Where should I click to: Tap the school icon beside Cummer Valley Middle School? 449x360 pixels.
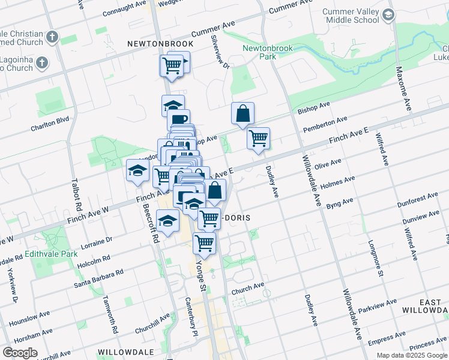[x=388, y=14]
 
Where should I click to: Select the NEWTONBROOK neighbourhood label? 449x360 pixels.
[x=160, y=44]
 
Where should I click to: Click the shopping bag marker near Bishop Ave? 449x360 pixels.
[x=243, y=113]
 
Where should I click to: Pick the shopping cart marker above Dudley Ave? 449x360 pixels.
[x=258, y=139]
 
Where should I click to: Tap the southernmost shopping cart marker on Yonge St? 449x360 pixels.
[x=204, y=243]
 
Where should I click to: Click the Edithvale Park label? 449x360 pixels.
[x=60, y=254]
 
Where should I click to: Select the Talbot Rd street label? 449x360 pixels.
[x=76, y=193]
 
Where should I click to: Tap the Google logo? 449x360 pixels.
[x=20, y=353]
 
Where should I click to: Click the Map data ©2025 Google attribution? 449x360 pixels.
[x=411, y=355]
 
